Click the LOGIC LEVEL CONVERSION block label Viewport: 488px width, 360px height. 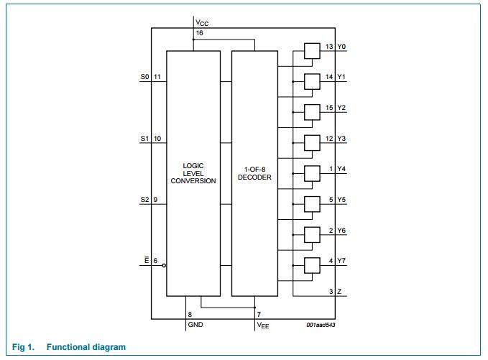pyautogui.click(x=193, y=172)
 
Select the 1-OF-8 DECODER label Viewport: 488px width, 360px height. pyautogui.click(x=254, y=172)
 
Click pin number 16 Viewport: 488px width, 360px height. pyautogui.click(x=199, y=33)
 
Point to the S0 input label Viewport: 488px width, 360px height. pyautogui.click(x=144, y=76)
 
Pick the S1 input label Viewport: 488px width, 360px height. pyautogui.click(x=144, y=139)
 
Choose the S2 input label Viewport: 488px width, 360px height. pyautogui.click(x=144, y=200)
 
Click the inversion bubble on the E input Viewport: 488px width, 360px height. pyautogui.click(x=165, y=265)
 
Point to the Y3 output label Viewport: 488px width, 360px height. pyautogui.click(x=342, y=138)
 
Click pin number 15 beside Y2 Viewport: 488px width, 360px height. pyautogui.click(x=329, y=107)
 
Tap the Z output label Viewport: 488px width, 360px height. pyautogui.click(x=339, y=291)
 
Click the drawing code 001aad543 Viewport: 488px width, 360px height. pyautogui.click(x=320, y=326)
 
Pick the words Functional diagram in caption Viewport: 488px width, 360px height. pyautogui.click(x=86, y=348)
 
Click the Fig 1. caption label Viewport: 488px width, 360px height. pyautogui.click(x=24, y=348)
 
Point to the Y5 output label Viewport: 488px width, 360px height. pyautogui.click(x=342, y=199)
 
